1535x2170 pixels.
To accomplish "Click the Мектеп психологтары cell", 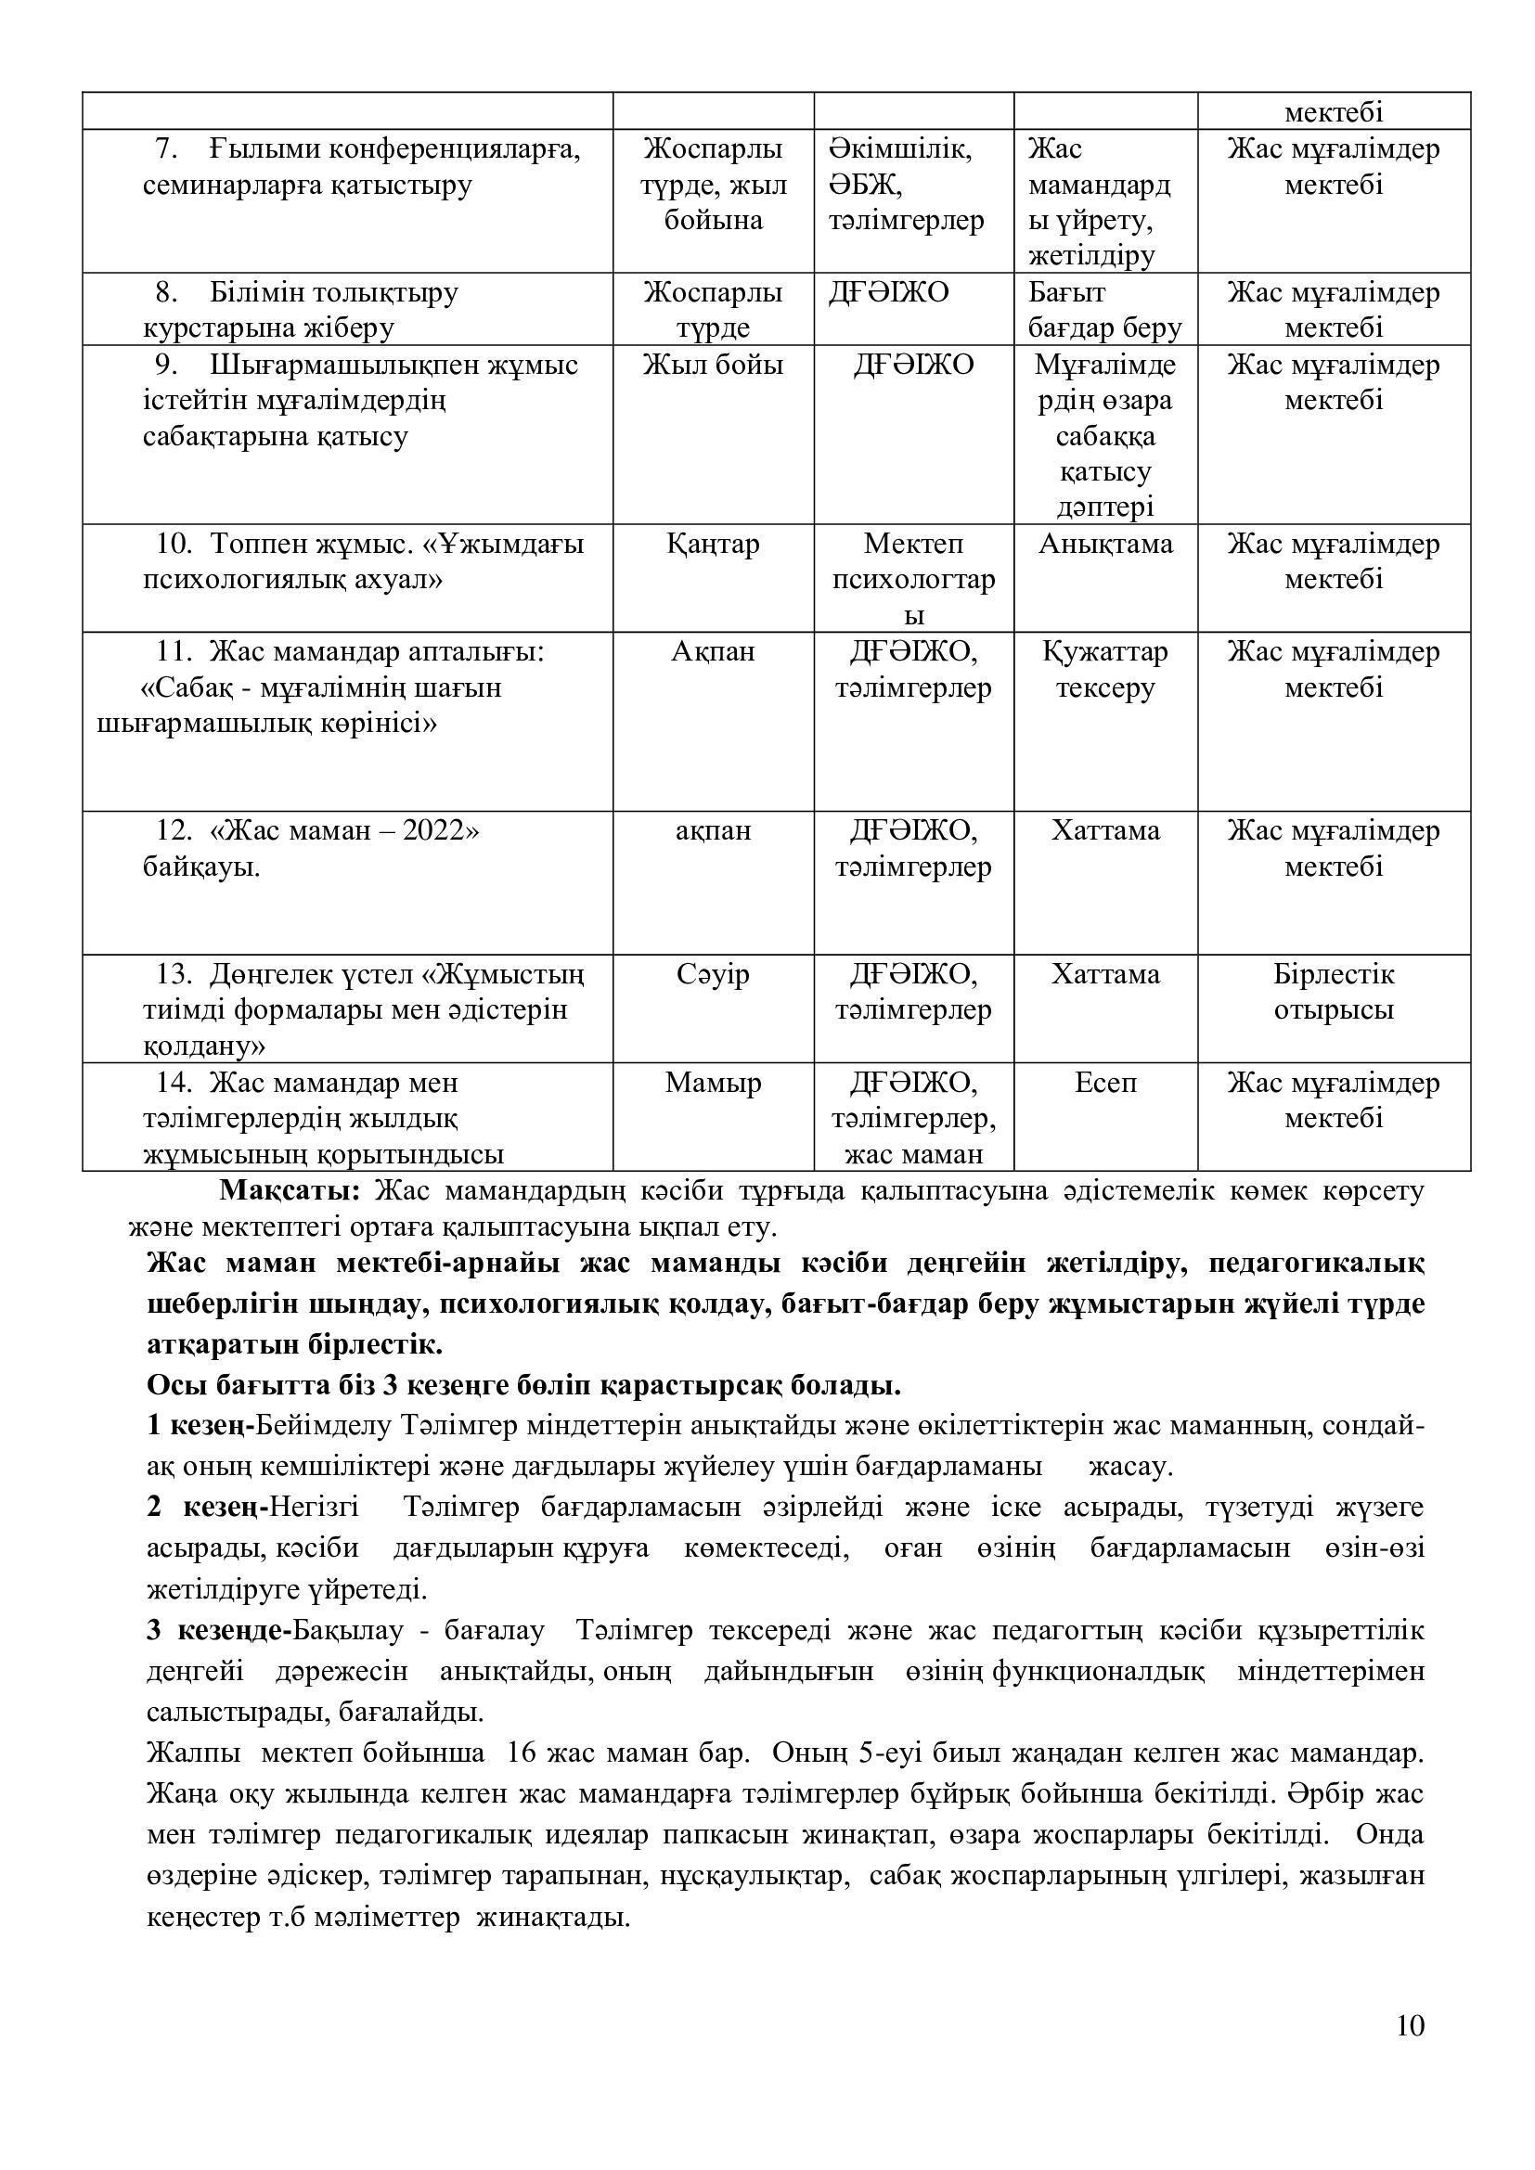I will point(913,578).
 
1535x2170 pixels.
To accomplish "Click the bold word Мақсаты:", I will point(290,1190).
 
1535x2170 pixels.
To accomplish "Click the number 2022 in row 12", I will point(433,830).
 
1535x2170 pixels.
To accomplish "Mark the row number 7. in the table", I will point(166,149).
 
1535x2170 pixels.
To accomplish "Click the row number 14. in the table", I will point(174,1082).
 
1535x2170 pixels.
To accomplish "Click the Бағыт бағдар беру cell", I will point(1105,310).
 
